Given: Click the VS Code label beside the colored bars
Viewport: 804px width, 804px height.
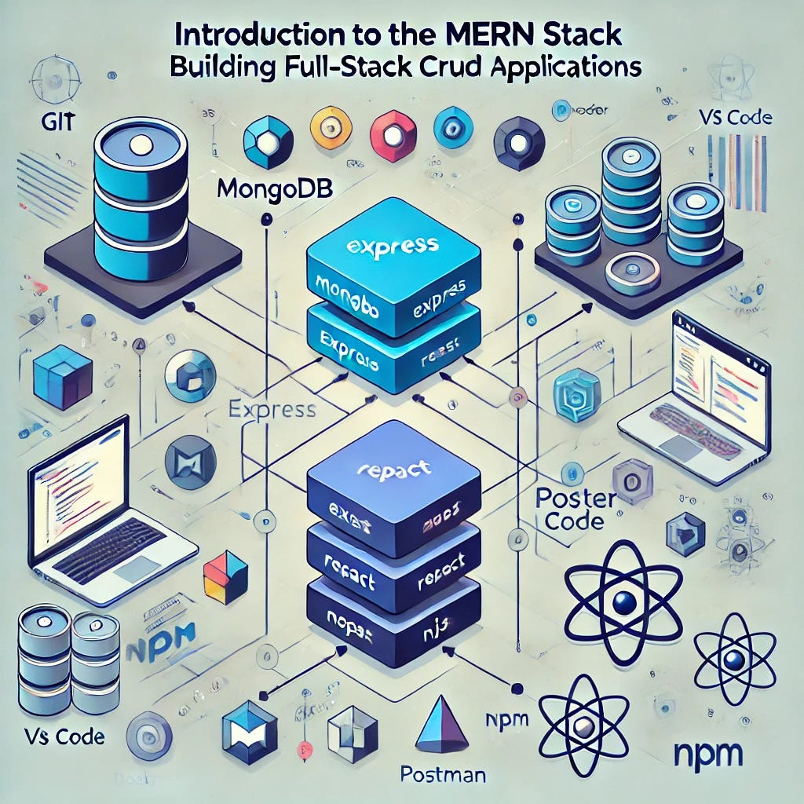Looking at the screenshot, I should coord(734,119).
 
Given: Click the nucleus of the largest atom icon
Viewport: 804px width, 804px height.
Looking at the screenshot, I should coord(624,603).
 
